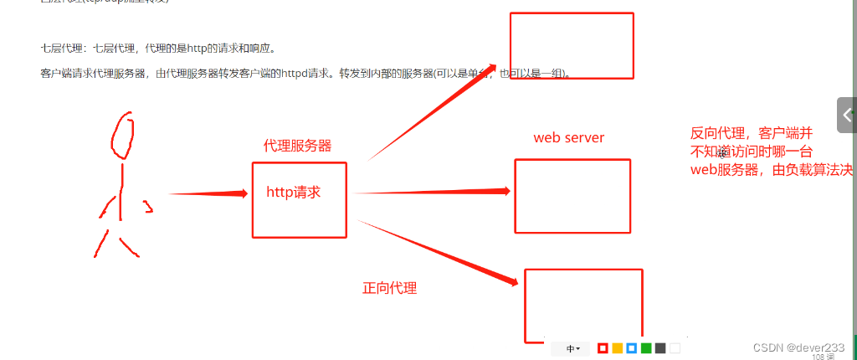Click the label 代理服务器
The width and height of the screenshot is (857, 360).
click(x=297, y=146)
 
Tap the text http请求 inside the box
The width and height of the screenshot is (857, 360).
click(x=294, y=192)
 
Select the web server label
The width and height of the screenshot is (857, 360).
click(x=569, y=137)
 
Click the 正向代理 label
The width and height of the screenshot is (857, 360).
click(x=389, y=288)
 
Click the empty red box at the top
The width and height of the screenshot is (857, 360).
click(x=572, y=46)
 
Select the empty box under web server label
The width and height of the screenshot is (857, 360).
click(x=572, y=196)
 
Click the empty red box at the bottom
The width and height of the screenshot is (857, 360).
click(x=582, y=303)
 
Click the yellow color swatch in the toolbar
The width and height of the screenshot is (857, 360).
click(x=617, y=348)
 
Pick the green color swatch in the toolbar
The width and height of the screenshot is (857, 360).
click(x=646, y=348)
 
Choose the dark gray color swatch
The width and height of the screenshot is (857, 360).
click(x=660, y=348)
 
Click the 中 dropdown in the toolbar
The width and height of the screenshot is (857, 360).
click(x=573, y=348)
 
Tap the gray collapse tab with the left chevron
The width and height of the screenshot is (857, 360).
click(x=847, y=115)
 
